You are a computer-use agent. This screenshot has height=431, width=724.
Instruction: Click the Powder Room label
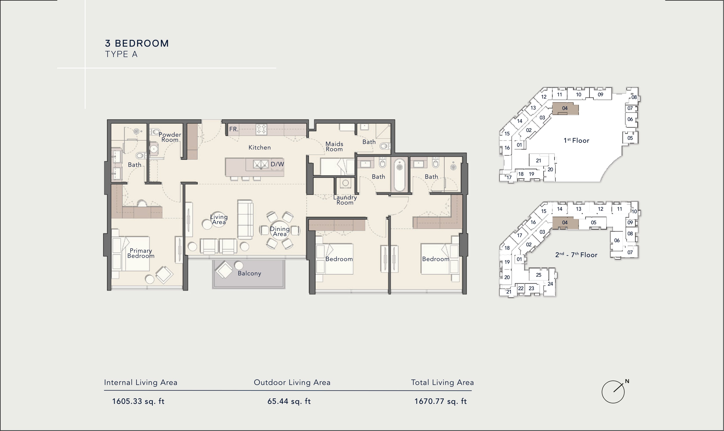[x=170, y=137]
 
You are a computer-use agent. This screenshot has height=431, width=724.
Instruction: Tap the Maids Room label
[x=334, y=146]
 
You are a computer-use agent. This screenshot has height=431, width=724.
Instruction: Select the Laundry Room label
[x=345, y=200]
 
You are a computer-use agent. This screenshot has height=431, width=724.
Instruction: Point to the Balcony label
[x=249, y=273]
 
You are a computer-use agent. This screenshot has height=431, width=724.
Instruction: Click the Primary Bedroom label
[x=141, y=253]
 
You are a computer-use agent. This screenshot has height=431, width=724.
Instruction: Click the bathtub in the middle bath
[x=400, y=175]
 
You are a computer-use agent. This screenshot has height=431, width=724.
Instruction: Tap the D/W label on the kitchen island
[x=277, y=164]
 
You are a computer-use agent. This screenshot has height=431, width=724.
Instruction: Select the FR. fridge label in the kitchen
[x=234, y=129]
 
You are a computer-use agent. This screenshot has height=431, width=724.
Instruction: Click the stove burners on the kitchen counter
[x=261, y=129]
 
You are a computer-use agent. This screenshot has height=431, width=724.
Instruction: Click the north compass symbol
[x=613, y=392]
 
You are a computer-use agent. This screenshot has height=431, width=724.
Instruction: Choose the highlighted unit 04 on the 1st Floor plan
[x=565, y=108]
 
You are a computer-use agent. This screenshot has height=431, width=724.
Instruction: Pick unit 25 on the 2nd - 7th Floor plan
[x=538, y=275]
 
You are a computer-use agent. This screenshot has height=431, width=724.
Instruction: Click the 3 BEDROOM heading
[x=137, y=43]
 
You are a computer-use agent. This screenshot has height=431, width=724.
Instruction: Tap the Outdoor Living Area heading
[x=292, y=382]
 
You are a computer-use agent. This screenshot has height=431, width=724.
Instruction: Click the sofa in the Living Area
[x=245, y=220]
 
